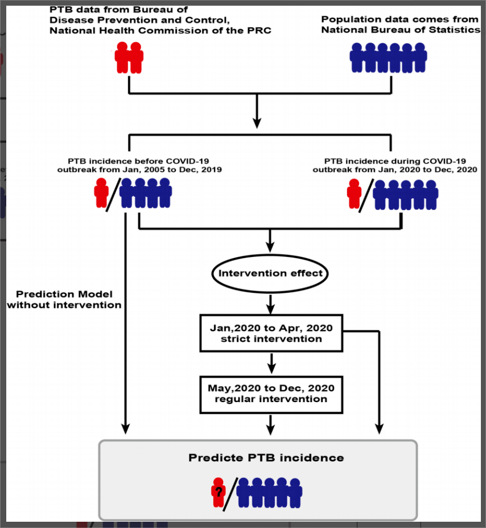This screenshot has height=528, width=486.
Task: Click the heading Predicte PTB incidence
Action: click(266, 458)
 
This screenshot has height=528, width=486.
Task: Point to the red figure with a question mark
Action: click(219, 492)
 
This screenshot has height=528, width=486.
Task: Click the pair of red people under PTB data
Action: click(129, 58)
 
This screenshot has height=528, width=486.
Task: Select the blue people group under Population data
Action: click(389, 58)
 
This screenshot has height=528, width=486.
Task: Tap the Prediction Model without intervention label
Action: click(64, 300)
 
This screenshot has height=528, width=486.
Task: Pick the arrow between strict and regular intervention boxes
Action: click(271, 363)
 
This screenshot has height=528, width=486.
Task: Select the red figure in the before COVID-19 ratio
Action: click(101, 193)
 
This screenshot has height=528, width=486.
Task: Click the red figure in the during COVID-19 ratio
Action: click(354, 194)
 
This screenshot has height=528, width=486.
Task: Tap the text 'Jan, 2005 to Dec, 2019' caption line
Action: click(172, 170)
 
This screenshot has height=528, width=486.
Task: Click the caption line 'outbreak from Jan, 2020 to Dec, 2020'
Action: click(395, 170)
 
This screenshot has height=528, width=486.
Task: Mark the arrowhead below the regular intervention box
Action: click(270, 429)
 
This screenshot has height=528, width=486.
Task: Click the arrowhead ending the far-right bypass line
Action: click(380, 429)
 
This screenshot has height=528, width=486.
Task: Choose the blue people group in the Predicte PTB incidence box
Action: click(269, 493)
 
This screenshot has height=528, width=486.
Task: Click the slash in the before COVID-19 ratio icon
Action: click(114, 195)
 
